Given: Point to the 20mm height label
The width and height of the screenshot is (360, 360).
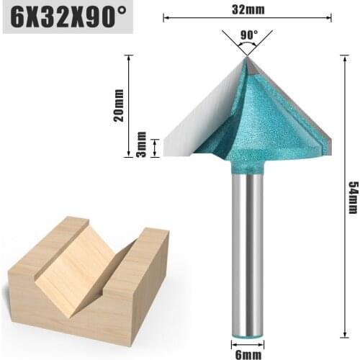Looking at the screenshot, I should point(120,107).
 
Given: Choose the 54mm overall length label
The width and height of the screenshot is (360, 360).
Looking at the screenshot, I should point(352,197).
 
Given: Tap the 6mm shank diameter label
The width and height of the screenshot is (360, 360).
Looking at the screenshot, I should point(248,353).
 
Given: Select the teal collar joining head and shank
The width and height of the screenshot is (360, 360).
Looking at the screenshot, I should point(247,167).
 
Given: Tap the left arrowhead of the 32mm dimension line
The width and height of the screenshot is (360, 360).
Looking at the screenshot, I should point(166,17).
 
